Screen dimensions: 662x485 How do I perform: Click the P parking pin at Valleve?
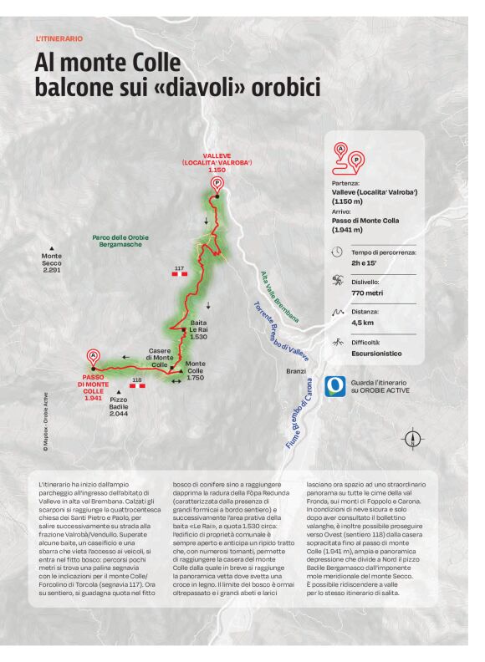[217, 184]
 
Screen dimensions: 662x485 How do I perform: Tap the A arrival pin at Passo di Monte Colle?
[94, 355]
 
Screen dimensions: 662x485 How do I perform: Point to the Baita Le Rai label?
[198, 329]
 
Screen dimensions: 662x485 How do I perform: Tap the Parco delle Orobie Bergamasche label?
[120, 241]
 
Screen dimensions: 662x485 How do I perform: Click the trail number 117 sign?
[179, 271]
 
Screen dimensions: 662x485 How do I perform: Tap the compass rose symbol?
[412, 438]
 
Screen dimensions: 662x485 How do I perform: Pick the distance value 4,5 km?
[363, 322]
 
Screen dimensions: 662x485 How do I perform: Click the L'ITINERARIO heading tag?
[59, 38]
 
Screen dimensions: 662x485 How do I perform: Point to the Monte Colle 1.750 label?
[195, 370]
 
